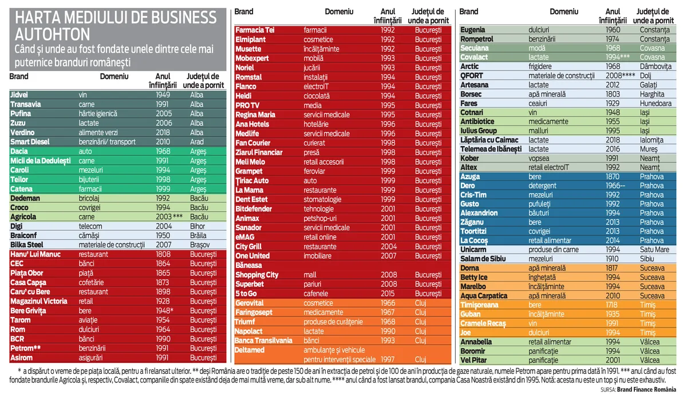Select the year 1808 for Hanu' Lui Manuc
point(164,254)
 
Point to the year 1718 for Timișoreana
point(613,305)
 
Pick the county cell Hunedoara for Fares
point(654,104)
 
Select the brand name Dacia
point(19,152)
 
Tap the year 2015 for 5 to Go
point(388,294)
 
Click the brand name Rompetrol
point(477,39)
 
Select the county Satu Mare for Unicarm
point(652,250)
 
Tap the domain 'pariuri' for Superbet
point(314,284)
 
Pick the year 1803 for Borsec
point(613,94)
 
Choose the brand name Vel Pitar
point(474,360)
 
